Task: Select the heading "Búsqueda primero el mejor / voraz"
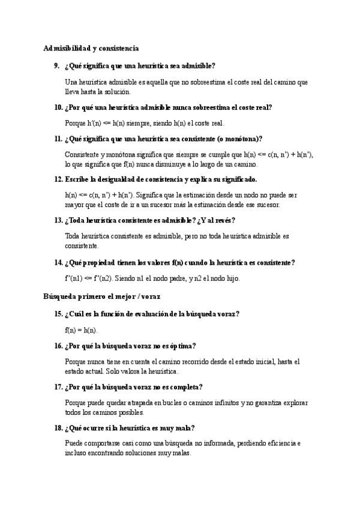coord(101,296)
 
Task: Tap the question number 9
coord(58,65)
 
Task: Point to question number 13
coord(58,220)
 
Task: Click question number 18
coord(58,427)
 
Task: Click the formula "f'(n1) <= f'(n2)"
coord(89,279)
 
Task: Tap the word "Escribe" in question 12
coord(77,179)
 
